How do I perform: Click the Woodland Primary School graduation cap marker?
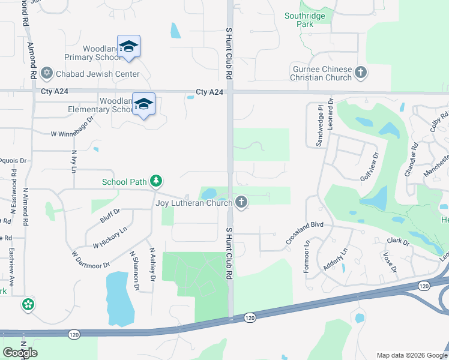pyautogui.click(x=128, y=47)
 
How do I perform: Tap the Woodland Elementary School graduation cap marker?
pyautogui.click(x=143, y=105)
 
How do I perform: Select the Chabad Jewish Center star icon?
pyautogui.click(x=47, y=74)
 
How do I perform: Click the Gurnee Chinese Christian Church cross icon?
pyautogui.click(x=361, y=73)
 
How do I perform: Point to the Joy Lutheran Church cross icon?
pyautogui.click(x=241, y=202)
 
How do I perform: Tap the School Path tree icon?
pyautogui.click(x=155, y=181)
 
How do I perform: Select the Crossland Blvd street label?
pyautogui.click(x=304, y=231)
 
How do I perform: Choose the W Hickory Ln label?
pyautogui.click(x=110, y=237)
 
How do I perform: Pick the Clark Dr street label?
pyautogui.click(x=397, y=242)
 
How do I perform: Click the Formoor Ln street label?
pyautogui.click(x=306, y=257)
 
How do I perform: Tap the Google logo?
pyautogui.click(x=20, y=352)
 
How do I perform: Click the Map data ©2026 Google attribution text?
pyautogui.click(x=411, y=355)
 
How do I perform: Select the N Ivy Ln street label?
pyautogui.click(x=74, y=158)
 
